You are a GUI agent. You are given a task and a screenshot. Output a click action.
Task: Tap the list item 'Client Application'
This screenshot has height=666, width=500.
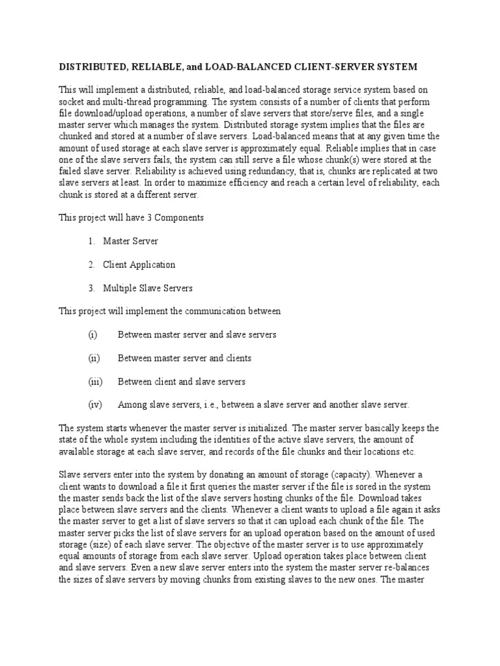pyautogui.click(x=139, y=265)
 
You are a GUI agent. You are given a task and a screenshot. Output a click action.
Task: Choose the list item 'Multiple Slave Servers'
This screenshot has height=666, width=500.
pyautogui.click(x=148, y=287)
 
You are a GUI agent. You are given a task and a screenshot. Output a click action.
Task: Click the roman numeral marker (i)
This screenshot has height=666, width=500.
pyautogui.click(x=92, y=334)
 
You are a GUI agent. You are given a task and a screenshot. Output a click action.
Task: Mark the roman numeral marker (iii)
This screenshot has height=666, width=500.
pyautogui.click(x=95, y=381)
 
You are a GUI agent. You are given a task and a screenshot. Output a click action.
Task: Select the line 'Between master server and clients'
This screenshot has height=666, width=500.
pyautogui.click(x=184, y=358)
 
